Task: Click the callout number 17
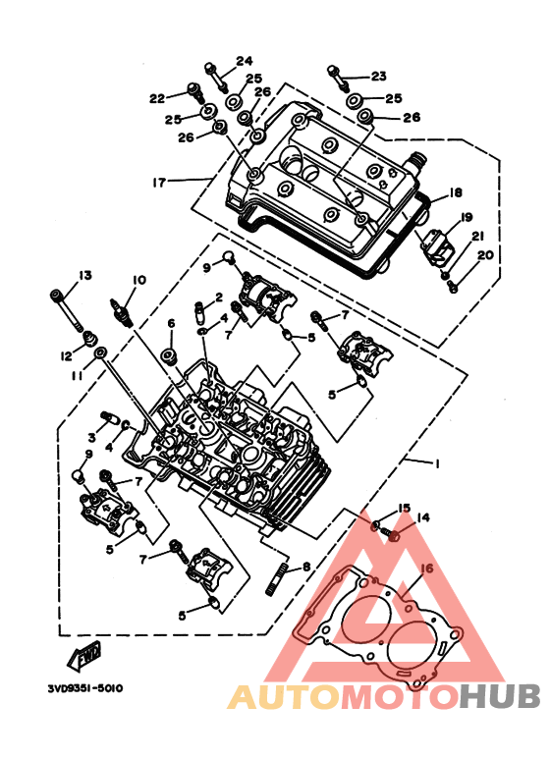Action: (159, 183)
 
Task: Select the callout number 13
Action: (84, 275)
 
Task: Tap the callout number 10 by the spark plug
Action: (138, 280)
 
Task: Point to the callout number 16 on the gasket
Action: (427, 569)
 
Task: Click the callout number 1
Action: (437, 463)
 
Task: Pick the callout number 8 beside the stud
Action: (306, 567)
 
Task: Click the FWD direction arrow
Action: (83, 656)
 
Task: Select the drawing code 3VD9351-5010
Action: (85, 688)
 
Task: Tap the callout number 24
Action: (245, 61)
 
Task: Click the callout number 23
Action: (379, 76)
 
